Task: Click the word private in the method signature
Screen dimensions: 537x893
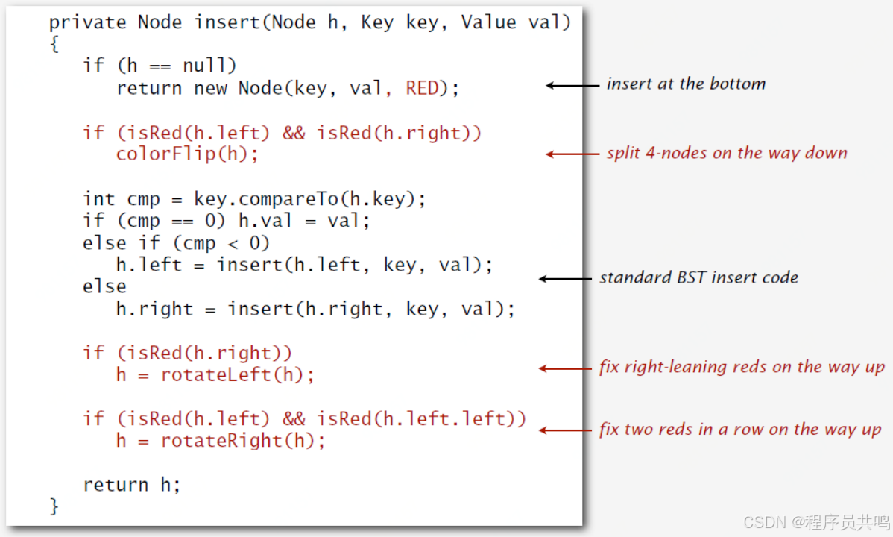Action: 87,22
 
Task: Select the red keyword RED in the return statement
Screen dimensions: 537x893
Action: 422,88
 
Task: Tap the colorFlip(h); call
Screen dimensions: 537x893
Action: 187,154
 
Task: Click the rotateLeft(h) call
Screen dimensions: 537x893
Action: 232,374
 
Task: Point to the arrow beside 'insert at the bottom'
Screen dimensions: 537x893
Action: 572,85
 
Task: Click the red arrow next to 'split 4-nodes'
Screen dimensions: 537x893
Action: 572,154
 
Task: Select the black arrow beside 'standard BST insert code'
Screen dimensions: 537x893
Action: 567,279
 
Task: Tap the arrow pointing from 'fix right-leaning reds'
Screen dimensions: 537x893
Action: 567,368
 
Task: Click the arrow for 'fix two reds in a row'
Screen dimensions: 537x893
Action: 567,430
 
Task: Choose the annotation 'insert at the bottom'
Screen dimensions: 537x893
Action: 686,84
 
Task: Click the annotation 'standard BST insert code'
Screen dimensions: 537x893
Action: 698,278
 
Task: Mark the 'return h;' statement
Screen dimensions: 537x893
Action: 132,485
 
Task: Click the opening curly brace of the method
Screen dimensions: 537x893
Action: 54,45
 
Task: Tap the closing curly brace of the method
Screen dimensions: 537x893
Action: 54,506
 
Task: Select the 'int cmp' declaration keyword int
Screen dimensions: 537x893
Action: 99,199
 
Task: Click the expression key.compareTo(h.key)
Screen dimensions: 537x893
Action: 309,199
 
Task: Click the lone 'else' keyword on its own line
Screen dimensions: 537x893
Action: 104,286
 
